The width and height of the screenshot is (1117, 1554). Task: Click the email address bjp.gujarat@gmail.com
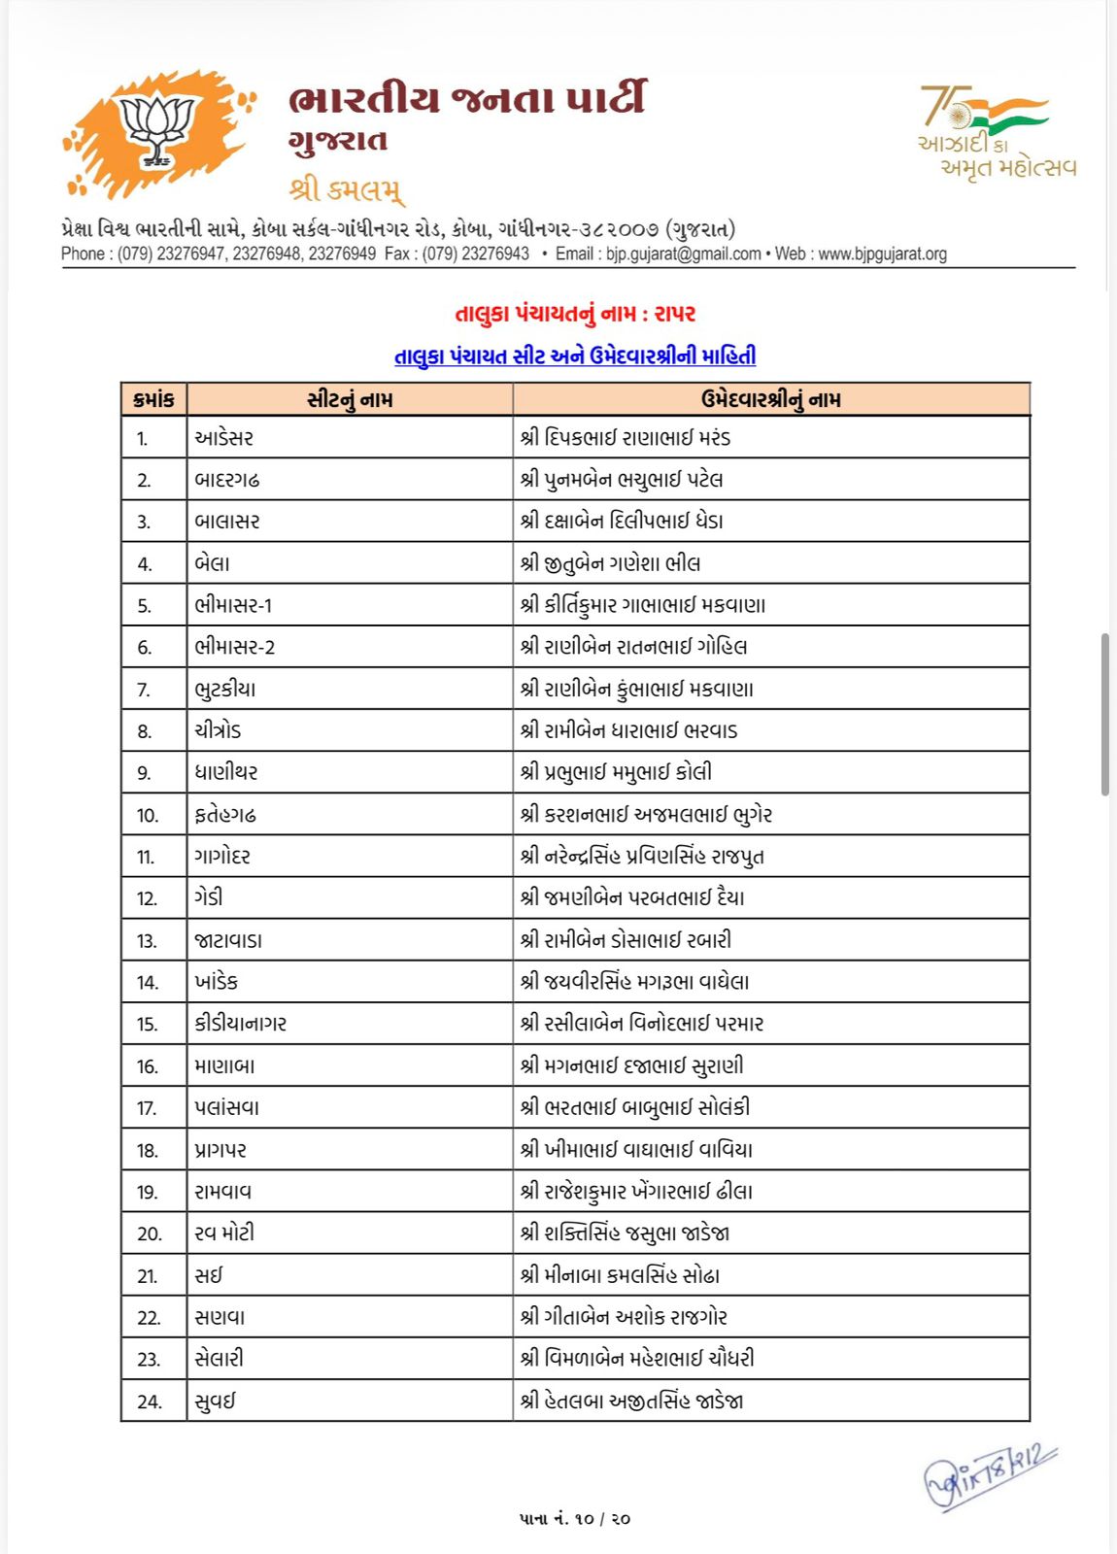(x=683, y=254)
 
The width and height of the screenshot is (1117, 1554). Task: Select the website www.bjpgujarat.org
(x=882, y=254)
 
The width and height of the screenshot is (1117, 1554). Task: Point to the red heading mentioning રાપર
(x=575, y=314)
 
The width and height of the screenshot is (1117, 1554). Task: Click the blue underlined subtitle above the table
(x=575, y=356)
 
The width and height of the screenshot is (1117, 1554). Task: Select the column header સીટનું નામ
(x=350, y=399)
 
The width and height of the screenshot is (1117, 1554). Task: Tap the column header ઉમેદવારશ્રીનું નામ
(x=770, y=399)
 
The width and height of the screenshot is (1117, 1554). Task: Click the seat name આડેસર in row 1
(x=224, y=438)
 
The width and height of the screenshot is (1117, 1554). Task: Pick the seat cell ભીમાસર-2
(x=235, y=647)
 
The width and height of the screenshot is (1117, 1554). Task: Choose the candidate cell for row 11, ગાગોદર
(x=642, y=857)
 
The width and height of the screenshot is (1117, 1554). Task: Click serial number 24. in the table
(x=150, y=1402)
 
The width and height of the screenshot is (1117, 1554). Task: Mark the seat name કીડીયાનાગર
(x=241, y=1024)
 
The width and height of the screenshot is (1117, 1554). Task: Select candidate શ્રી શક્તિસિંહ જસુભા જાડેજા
(x=625, y=1233)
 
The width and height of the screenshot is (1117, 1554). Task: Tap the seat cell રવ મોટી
(x=224, y=1233)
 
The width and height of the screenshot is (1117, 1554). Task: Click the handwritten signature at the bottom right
(x=989, y=1476)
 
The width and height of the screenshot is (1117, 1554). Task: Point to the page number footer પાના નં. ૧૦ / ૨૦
(x=575, y=1518)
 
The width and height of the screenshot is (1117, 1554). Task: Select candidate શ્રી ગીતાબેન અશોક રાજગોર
(x=624, y=1317)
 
